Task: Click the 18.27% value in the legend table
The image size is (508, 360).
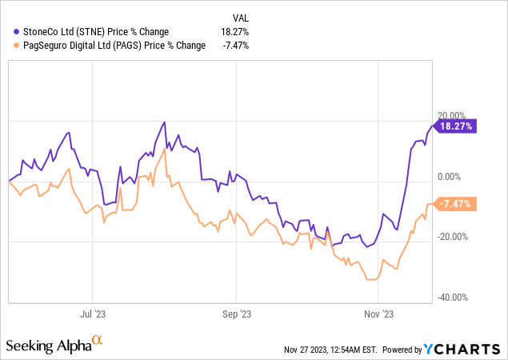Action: [234, 31]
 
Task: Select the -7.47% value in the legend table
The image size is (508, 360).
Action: [234, 46]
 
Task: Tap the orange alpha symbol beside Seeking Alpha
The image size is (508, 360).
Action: [98, 341]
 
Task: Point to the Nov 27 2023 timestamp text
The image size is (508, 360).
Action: [330, 350]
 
